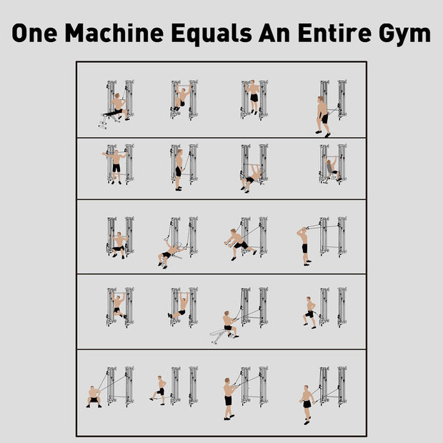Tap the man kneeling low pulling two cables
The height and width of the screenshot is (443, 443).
click(94, 397)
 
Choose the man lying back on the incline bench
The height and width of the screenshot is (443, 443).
click(169, 254)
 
